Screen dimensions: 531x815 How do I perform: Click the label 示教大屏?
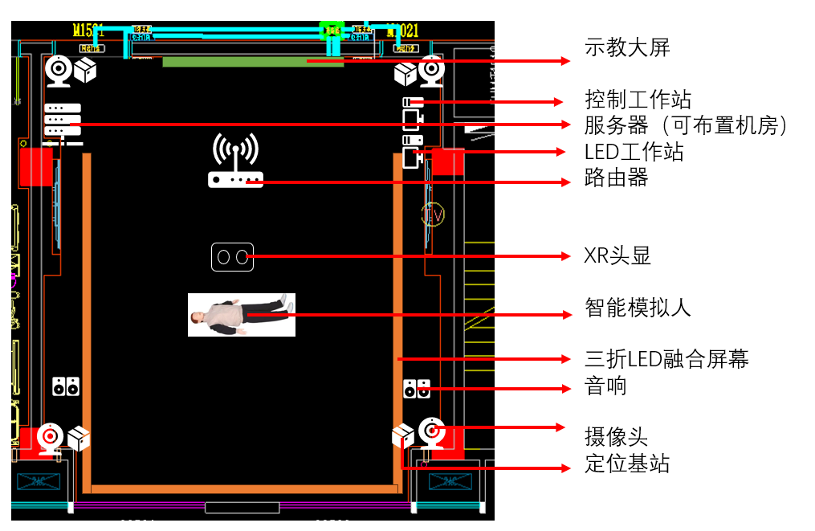coord(627,48)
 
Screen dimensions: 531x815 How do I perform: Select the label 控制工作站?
coord(638,100)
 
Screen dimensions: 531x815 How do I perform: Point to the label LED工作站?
coord(634,152)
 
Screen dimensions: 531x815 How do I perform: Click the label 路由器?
coord(616,178)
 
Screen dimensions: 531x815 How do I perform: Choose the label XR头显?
coord(617,256)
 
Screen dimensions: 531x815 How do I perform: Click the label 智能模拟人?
coord(638,307)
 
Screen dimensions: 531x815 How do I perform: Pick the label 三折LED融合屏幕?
coord(666,359)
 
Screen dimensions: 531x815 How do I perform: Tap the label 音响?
coord(605,386)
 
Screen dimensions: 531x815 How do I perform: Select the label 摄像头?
coord(616,437)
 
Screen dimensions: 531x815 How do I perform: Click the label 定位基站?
coord(626,464)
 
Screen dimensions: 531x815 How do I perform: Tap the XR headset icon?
coord(232,257)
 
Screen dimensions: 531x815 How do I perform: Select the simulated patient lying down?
coord(242,314)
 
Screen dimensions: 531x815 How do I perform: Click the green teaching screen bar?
coord(253,62)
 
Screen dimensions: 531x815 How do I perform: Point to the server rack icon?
coord(63,119)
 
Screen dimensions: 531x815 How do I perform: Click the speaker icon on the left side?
coord(66,386)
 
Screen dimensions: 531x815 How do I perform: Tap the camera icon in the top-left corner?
coord(59,70)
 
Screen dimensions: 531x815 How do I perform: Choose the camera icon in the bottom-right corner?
coord(432,432)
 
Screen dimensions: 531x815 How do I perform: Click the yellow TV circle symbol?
coord(433,214)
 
